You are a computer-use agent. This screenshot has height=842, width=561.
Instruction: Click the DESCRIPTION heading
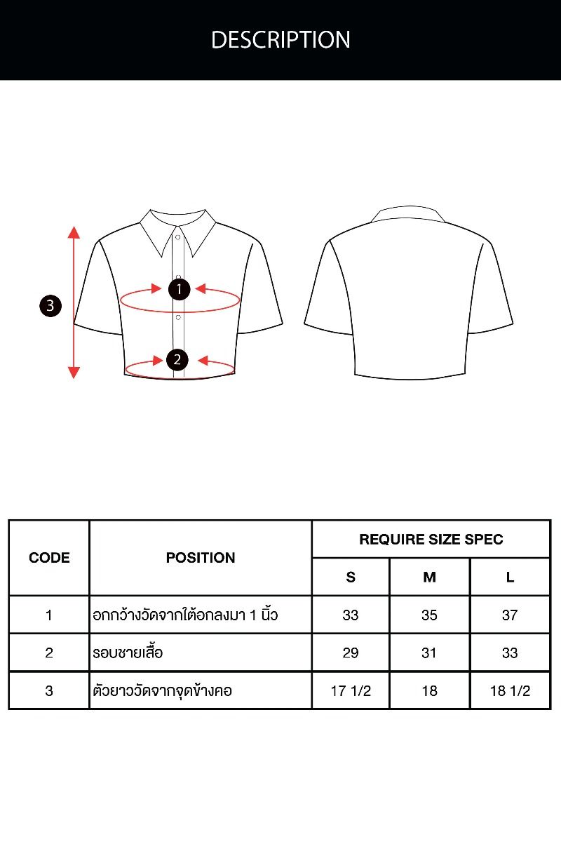pyautogui.click(x=280, y=39)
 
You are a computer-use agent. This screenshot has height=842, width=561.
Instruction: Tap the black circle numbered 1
pyautogui.click(x=179, y=289)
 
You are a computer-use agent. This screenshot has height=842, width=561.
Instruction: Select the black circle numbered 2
pyautogui.click(x=177, y=360)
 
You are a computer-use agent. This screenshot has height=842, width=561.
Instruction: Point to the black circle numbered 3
pyautogui.click(x=50, y=306)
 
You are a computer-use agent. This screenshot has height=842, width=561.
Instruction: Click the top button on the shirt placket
pyautogui.click(x=177, y=237)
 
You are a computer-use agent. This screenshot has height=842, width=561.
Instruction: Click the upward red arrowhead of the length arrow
pyautogui.click(x=74, y=232)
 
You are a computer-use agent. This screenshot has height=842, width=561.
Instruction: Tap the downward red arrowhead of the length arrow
pyautogui.click(x=74, y=372)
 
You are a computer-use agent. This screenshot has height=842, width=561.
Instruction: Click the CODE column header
pyautogui.click(x=49, y=558)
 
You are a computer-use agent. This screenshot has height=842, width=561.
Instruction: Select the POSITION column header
pyautogui.click(x=201, y=558)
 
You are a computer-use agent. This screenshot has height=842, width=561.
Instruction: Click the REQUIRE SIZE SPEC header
pyautogui.click(x=431, y=540)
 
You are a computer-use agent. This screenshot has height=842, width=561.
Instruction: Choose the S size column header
pyautogui.click(x=351, y=577)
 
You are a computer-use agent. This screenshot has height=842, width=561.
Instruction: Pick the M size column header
pyautogui.click(x=429, y=577)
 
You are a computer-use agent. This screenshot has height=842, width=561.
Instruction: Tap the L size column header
pyautogui.click(x=510, y=577)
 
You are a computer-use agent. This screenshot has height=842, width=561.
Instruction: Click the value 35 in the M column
pyautogui.click(x=429, y=615)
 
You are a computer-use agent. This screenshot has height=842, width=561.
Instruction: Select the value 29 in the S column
pyautogui.click(x=350, y=653)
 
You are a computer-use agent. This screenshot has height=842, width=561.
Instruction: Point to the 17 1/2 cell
pyautogui.click(x=351, y=691)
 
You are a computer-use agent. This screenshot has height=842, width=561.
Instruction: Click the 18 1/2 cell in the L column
pyautogui.click(x=510, y=691)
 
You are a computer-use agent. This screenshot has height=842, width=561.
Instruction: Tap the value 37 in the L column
pyautogui.click(x=510, y=615)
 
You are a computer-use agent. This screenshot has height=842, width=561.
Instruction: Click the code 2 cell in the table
pyautogui.click(x=49, y=653)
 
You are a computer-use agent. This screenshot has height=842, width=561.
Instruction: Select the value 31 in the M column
pyautogui.click(x=428, y=653)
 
